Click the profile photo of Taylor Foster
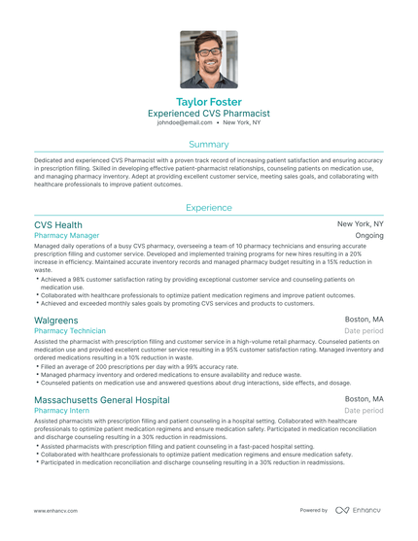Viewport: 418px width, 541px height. [x=208, y=59]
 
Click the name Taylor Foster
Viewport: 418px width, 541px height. [x=208, y=101]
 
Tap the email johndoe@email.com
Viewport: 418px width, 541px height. [x=185, y=123]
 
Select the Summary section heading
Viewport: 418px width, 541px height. [x=208, y=144]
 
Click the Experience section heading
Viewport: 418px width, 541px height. [x=208, y=207]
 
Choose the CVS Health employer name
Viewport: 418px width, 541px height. [x=58, y=224]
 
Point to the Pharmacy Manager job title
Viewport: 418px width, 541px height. [x=66, y=236]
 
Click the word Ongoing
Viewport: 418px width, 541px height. [x=369, y=236]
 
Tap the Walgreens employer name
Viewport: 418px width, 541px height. [x=56, y=319]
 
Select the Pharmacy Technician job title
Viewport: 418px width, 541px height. [x=71, y=330]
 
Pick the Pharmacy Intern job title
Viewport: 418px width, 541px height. [x=62, y=411]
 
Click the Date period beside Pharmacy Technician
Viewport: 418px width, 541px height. [x=365, y=330]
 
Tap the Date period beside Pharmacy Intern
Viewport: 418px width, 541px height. [x=365, y=411]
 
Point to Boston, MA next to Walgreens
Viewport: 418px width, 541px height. [x=365, y=319]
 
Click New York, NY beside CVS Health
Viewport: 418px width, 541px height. [x=361, y=224]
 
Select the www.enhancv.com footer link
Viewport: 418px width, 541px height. [x=54, y=510]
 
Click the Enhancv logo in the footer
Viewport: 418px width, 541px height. [x=359, y=510]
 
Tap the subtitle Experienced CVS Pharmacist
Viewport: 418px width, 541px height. [x=208, y=114]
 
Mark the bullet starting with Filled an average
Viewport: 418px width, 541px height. [x=126, y=365]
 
